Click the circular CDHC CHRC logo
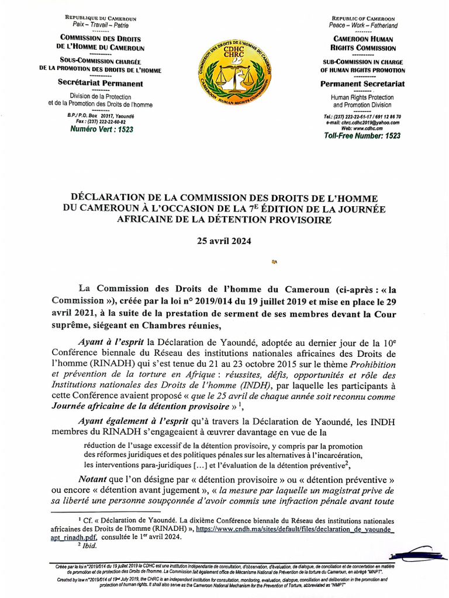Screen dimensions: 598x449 coord(234,76)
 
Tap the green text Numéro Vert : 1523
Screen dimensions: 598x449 coord(99,129)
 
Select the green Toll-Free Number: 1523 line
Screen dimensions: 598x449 coord(362,135)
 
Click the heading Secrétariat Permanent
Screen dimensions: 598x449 coord(100,84)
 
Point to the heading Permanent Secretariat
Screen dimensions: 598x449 coord(362,84)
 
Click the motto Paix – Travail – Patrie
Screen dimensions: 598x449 coord(100,26)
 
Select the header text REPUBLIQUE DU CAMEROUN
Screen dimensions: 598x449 coord(100,19)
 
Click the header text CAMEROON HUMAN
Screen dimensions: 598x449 coord(362,38)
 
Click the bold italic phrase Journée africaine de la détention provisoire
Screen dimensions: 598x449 coord(139,405)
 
